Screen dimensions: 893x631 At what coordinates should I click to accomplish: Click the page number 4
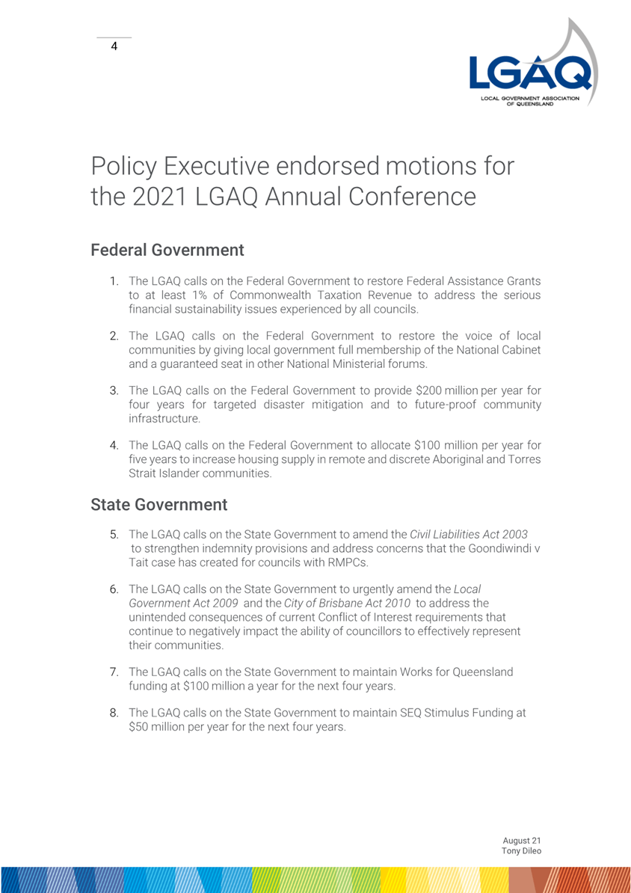click(x=114, y=46)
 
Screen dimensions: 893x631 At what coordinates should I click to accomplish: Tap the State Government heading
click(x=158, y=505)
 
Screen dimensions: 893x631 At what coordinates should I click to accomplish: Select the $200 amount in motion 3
click(x=431, y=390)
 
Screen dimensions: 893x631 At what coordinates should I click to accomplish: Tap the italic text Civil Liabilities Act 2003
click(x=469, y=535)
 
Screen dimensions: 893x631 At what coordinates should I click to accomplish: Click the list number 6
click(x=116, y=589)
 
